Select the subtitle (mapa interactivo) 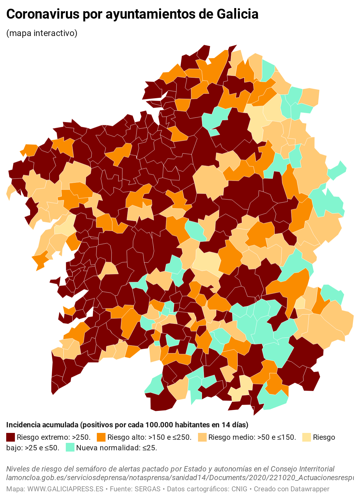[x=42, y=33]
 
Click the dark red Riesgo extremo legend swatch [x=11, y=437]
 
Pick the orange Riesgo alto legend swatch [x=101, y=437]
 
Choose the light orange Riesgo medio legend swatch [x=202, y=437]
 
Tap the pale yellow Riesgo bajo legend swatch [x=306, y=437]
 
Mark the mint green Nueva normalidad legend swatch [x=70, y=448]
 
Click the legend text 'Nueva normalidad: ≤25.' [x=117, y=448]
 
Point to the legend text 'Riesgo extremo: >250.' [x=54, y=437]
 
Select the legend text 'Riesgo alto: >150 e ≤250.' [x=149, y=437]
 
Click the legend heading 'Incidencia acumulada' [x=42, y=425]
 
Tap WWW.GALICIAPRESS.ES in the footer [x=65, y=489]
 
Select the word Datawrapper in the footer [x=309, y=489]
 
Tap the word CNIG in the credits [x=239, y=489]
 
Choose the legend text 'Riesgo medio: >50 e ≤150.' [x=252, y=437]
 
